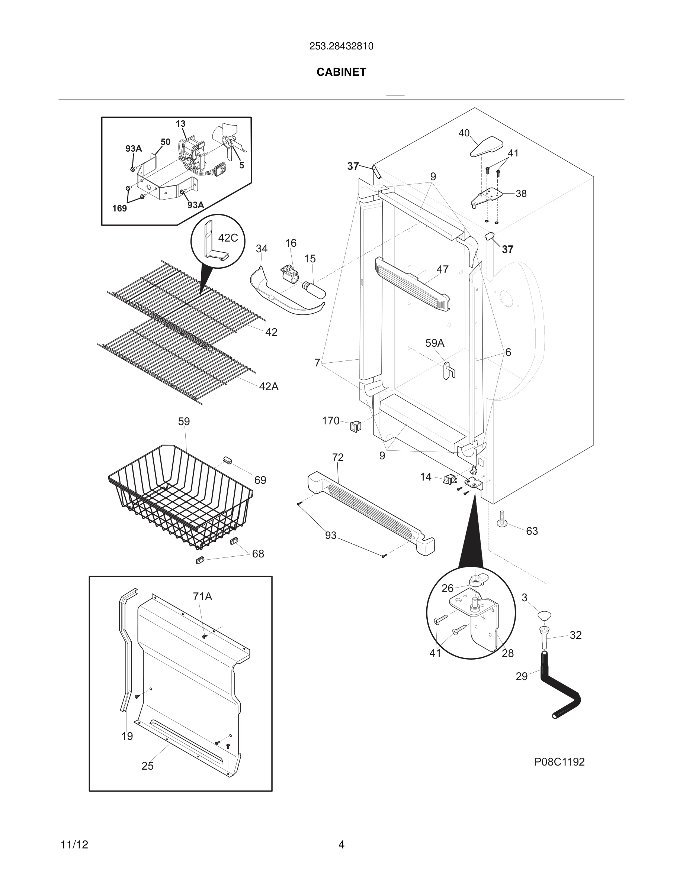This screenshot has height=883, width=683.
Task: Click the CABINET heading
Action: (341, 72)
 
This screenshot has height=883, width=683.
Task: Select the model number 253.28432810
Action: (341, 46)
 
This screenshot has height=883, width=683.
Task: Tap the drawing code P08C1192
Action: (559, 762)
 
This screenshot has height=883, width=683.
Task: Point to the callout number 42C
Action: (228, 238)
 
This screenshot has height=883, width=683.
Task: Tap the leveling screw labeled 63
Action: (502, 519)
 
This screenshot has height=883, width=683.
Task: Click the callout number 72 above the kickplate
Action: (337, 457)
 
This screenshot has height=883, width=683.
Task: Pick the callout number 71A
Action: (202, 596)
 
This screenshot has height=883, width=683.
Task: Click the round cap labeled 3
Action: (544, 616)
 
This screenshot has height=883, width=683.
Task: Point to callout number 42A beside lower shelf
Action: (269, 386)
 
